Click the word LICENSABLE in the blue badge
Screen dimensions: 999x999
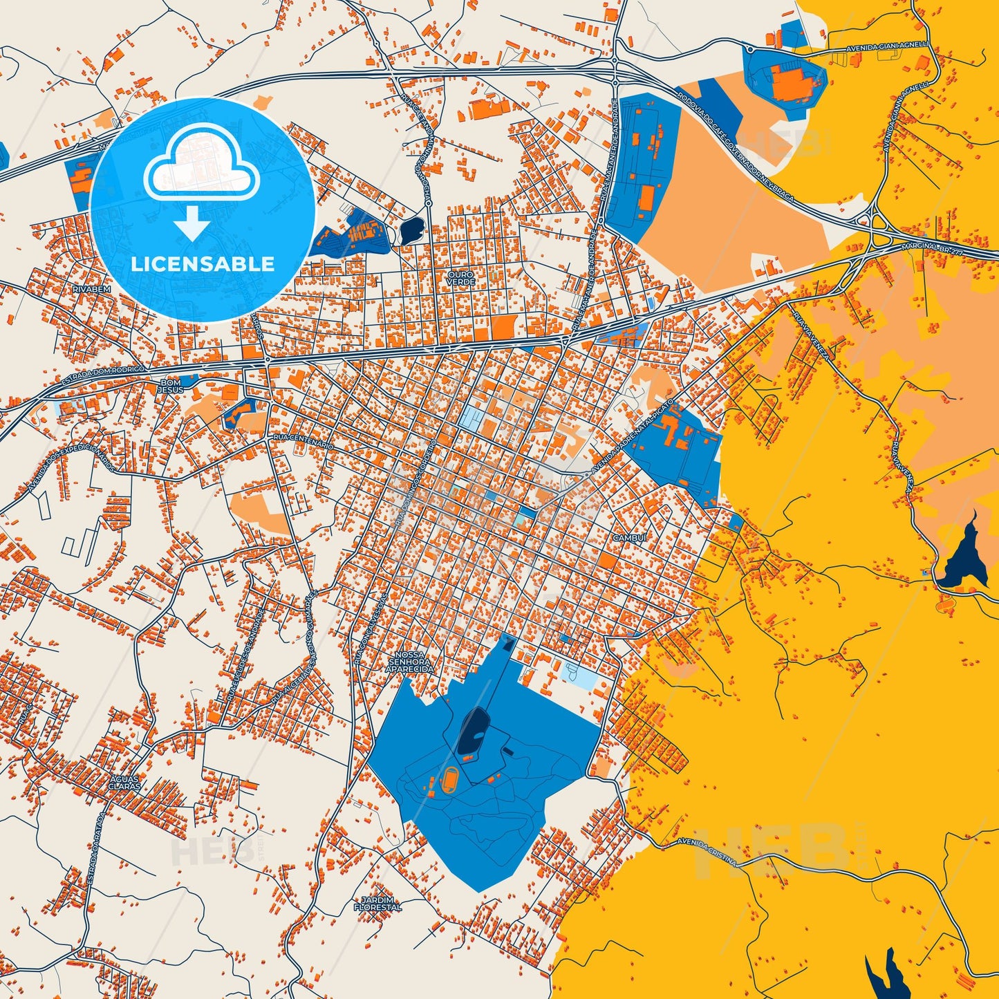(x=203, y=264)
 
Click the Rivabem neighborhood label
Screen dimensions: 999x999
(x=91, y=288)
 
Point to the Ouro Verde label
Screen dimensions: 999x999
(x=460, y=279)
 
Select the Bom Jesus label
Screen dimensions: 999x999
(x=171, y=386)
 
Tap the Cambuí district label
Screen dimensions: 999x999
(x=628, y=537)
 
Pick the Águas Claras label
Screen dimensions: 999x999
(x=125, y=783)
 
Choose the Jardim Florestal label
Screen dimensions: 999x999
(x=377, y=903)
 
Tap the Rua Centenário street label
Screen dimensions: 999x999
(x=304, y=441)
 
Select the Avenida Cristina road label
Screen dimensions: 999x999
(x=705, y=852)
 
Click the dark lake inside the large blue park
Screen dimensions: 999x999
(x=474, y=731)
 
